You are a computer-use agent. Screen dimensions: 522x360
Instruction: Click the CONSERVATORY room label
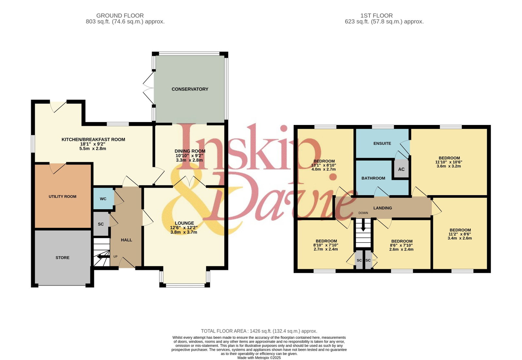[x=190, y=89]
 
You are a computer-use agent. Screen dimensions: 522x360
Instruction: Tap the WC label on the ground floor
[x=103, y=199]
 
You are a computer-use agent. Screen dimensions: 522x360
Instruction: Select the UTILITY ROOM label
[x=62, y=196]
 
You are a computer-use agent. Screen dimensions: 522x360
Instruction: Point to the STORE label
[x=62, y=258]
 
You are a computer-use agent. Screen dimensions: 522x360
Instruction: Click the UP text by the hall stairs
[x=115, y=257]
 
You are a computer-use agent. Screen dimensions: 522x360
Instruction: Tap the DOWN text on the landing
[x=363, y=213]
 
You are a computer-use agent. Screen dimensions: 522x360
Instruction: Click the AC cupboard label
[x=401, y=169]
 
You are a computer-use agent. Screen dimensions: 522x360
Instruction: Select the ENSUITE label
[x=382, y=143]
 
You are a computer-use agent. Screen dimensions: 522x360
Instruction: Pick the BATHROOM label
[x=373, y=178]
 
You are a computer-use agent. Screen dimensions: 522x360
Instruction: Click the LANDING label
[x=383, y=208]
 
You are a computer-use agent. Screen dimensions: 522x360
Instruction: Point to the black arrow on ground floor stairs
[x=103, y=257]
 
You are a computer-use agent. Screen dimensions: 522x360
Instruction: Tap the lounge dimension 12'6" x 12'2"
[x=184, y=228]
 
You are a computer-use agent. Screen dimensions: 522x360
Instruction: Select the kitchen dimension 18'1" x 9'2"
[x=93, y=144]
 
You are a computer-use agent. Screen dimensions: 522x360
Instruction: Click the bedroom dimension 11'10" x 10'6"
[x=449, y=162]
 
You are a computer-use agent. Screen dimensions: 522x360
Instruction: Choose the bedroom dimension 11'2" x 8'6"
[x=460, y=234]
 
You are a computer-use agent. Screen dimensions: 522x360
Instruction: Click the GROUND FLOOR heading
[x=120, y=16]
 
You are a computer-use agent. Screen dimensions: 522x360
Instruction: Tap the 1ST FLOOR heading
[x=376, y=16]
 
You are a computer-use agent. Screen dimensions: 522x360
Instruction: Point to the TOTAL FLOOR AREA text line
[x=259, y=331]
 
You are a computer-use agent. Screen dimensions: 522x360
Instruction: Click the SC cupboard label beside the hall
[x=101, y=224]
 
